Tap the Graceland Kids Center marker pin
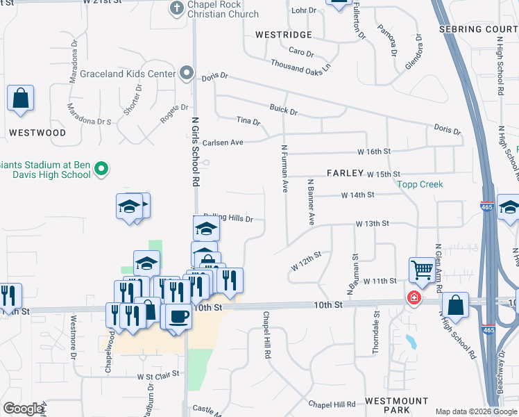[186, 72]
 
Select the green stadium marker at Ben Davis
[101, 169]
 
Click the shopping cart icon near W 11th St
[421, 268]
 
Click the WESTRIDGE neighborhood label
[283, 34]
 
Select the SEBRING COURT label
[479, 29]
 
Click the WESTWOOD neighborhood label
[37, 132]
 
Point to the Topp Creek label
[419, 185]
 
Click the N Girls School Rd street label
[196, 152]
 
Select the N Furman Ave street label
[284, 168]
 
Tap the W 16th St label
[374, 151]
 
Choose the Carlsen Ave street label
[223, 142]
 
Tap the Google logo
[23, 409]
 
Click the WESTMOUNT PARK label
[397, 407]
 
